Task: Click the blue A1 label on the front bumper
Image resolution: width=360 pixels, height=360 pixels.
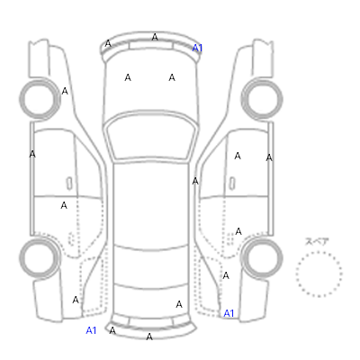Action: point(197,48)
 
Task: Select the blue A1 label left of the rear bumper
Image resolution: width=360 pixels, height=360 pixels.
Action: point(91,330)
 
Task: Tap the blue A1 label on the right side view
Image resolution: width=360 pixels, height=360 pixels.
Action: point(229,313)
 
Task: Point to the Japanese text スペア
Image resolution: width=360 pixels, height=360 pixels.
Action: point(317,241)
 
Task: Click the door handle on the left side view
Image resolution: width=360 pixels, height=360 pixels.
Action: point(69,184)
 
